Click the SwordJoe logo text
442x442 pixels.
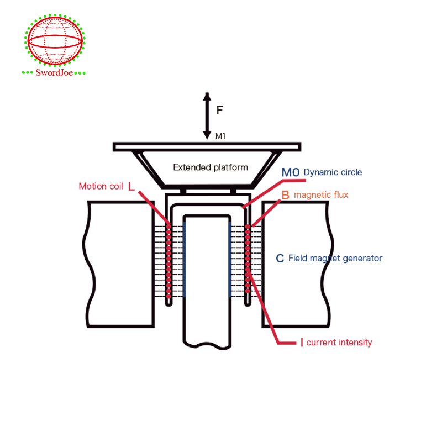(55, 72)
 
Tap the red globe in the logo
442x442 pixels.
(55, 41)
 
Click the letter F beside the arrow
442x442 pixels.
(219, 110)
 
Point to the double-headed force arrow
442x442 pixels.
(207, 115)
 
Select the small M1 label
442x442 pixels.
(220, 136)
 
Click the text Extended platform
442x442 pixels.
(211, 167)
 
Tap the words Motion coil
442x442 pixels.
(101, 186)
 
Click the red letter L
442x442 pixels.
(131, 186)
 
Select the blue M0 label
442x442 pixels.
(291, 172)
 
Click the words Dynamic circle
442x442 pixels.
(333, 172)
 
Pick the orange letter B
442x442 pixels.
(285, 195)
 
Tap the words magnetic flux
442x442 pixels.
(321, 195)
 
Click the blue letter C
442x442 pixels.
(280, 258)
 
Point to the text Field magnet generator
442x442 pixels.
(335, 258)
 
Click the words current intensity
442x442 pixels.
(339, 343)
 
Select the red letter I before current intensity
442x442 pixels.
(302, 343)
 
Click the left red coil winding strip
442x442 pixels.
(169, 260)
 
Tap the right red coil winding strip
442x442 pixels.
(248, 260)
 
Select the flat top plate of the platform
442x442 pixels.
(207, 147)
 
